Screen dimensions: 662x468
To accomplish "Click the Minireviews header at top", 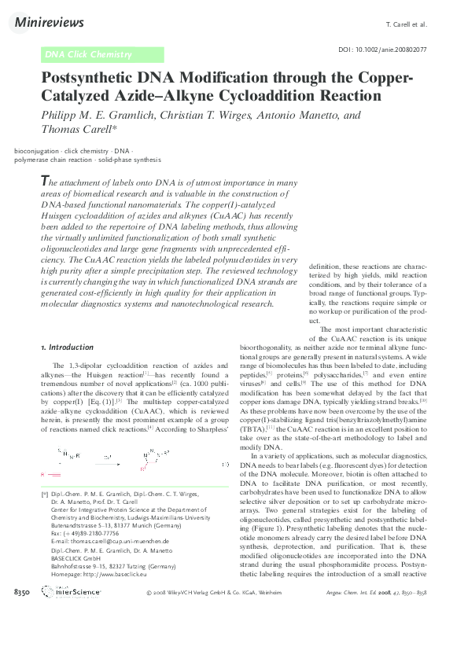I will pos(50,24).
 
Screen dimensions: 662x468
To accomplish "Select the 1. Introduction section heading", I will pos(67,347).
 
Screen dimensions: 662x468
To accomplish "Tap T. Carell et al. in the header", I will pos(408,24).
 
